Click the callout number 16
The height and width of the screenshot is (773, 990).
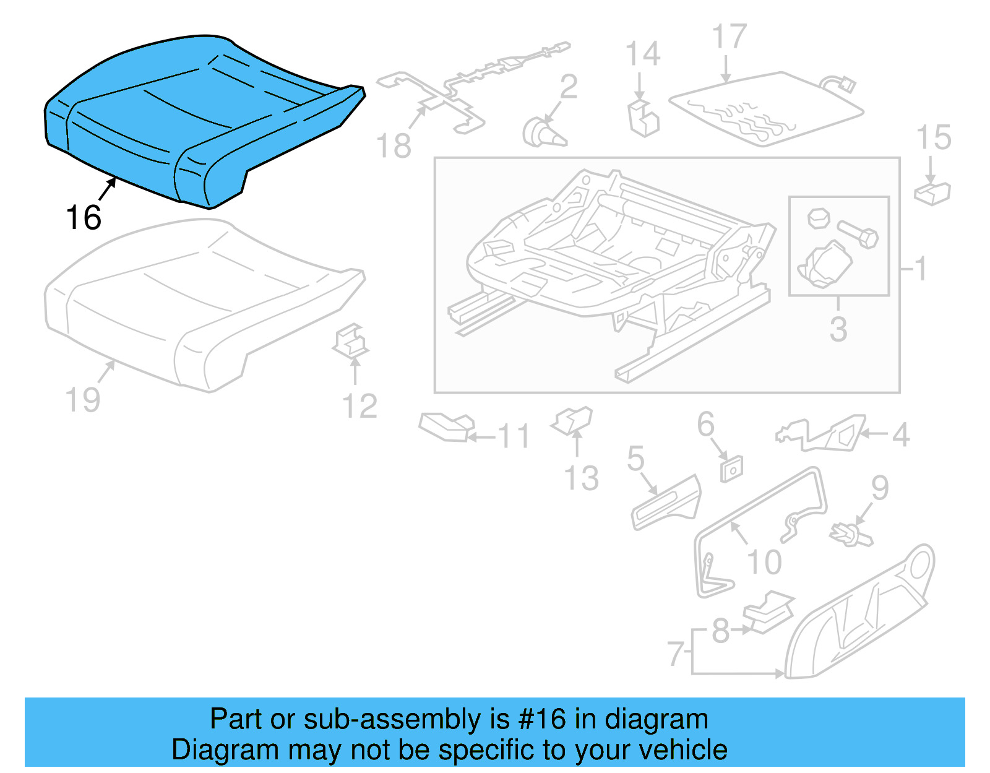coord(84,218)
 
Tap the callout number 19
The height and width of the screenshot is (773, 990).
coord(83,400)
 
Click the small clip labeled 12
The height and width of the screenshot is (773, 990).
coord(351,341)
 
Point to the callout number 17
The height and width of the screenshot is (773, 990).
coord(730,37)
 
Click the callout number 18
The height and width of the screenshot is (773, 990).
coord(394,147)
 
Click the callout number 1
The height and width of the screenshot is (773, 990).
coord(921,269)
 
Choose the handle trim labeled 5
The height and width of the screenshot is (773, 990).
coord(665,503)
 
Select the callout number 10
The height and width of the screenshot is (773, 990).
coord(765,562)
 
